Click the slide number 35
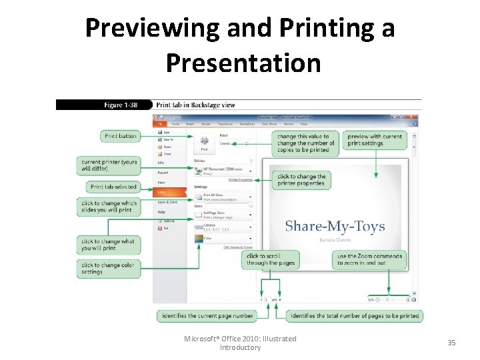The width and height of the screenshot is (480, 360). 451,343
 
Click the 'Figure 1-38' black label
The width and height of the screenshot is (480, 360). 123,105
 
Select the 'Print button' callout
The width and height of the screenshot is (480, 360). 121,136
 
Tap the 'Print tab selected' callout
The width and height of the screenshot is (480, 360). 113,187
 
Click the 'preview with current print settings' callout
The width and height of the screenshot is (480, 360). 375,140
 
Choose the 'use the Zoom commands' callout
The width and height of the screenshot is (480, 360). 370,259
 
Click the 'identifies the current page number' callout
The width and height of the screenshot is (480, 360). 207,315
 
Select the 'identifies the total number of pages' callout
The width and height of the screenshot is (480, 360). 354,315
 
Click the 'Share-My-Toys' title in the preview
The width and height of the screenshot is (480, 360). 335,226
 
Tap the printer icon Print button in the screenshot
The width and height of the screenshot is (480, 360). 204,143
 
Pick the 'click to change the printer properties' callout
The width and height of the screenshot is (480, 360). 301,180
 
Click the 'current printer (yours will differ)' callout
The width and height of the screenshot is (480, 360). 109,165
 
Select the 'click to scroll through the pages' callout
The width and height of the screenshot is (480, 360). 271,259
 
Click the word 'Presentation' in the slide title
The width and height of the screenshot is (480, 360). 243,63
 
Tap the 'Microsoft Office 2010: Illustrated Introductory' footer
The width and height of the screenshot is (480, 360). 240,343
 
